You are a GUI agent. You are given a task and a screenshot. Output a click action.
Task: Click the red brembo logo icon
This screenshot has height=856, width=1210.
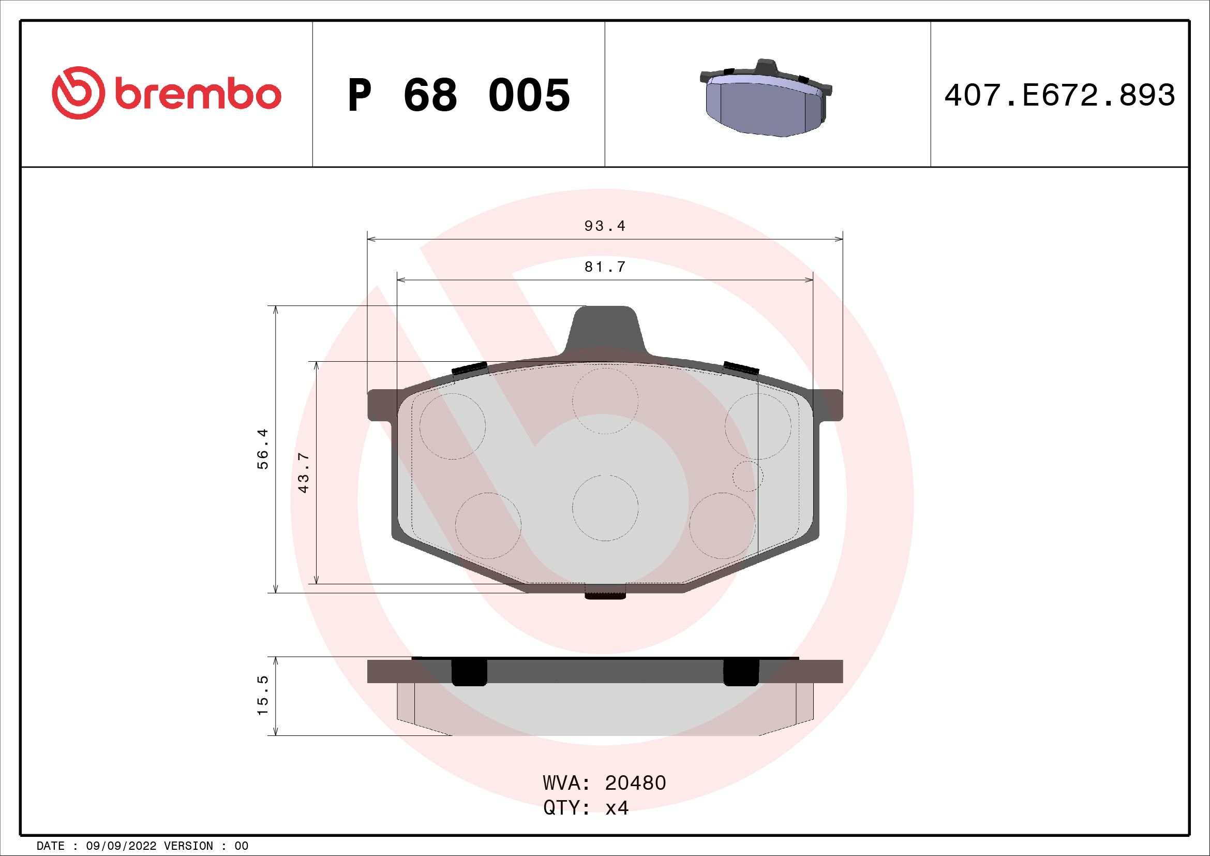[x=76, y=93]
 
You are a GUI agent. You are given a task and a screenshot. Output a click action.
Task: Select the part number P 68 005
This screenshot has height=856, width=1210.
[x=458, y=95]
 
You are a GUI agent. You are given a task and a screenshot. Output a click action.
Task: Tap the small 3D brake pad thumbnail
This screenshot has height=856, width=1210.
[x=766, y=99]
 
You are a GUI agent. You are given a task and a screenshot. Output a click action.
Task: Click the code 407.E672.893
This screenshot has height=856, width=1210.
[x=1059, y=95]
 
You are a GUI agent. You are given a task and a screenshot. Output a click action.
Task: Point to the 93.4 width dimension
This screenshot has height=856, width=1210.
[x=604, y=226]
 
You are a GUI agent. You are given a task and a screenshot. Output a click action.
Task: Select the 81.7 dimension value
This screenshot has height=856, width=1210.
[x=604, y=267]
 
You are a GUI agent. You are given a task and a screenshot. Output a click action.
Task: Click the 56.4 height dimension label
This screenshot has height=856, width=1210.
[x=263, y=449]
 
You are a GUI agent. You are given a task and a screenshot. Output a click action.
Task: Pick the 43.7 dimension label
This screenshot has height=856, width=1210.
[x=304, y=473]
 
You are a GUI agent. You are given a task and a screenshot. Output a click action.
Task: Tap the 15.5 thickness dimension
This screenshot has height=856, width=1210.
[x=263, y=696]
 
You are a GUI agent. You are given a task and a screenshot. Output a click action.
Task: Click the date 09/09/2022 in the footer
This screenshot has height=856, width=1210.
[x=121, y=846]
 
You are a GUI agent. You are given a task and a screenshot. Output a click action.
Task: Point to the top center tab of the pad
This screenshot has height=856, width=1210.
[x=605, y=330]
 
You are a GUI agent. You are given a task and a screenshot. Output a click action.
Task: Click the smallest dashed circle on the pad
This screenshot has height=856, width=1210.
[x=748, y=476]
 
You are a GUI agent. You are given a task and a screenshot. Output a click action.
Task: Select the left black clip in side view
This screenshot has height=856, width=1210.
[x=470, y=672]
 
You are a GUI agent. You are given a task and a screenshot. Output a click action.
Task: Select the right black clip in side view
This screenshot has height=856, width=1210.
[x=741, y=672]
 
